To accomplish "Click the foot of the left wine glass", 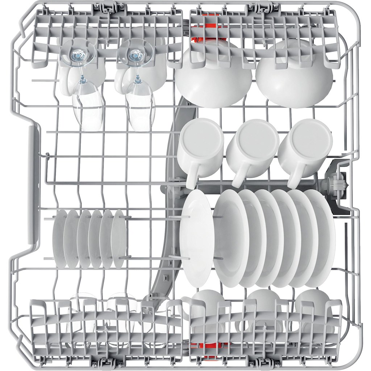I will tap(78, 54).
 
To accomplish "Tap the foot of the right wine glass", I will tap(135, 54).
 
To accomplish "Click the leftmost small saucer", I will tap(59, 239).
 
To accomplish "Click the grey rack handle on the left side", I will tap(34, 188).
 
